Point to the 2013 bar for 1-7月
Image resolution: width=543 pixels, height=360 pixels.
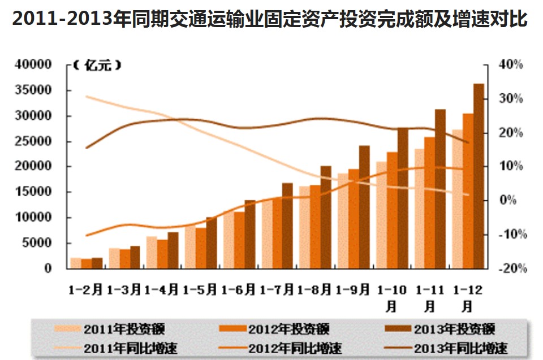287,225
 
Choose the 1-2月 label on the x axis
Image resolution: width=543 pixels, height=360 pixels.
85,290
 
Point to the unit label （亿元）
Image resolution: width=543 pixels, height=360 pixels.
97,66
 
